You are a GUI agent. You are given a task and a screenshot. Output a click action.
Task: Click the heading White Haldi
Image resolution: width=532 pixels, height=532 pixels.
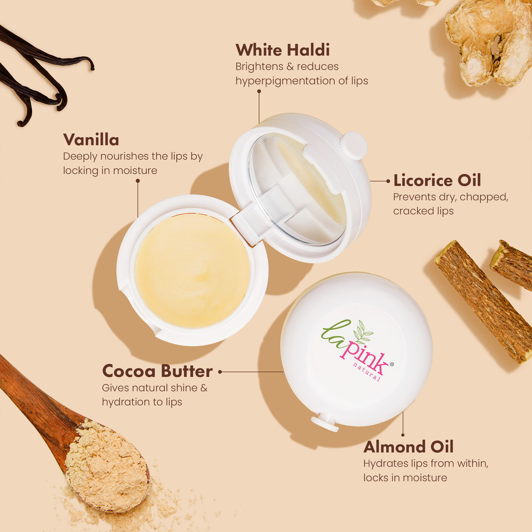point(282,50)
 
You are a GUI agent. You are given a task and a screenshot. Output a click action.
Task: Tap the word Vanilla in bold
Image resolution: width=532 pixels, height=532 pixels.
point(91,140)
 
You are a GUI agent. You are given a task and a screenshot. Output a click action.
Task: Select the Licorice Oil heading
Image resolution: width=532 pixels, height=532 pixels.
point(437,181)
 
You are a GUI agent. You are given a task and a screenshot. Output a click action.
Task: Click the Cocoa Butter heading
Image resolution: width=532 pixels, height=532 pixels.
point(157,371)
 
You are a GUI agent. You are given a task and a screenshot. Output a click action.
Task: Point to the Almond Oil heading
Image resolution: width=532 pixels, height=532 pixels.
point(408,447)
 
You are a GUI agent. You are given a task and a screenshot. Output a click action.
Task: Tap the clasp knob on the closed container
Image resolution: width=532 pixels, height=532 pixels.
point(325,424)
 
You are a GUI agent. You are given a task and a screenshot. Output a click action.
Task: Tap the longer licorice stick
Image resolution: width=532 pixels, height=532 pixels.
point(485,302)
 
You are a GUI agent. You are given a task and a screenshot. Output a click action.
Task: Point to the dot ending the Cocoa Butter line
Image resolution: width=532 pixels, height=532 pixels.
point(220,372)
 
